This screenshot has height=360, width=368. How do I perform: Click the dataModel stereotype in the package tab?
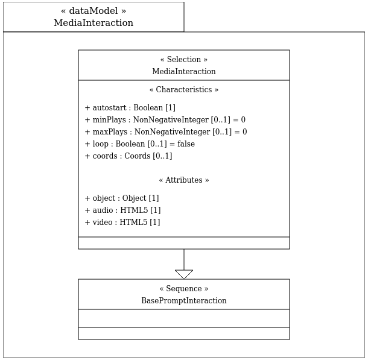[x=94, y=11]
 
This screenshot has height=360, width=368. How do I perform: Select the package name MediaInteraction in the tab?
[x=94, y=23]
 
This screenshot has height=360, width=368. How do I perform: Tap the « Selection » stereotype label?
[x=184, y=59]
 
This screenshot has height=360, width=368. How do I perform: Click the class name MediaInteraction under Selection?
[x=184, y=71]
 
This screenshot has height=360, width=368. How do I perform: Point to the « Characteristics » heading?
[x=184, y=90]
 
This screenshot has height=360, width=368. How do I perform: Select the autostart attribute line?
[x=130, y=108]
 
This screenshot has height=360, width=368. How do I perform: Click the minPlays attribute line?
[x=165, y=119]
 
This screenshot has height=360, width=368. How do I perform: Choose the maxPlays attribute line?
[x=166, y=132]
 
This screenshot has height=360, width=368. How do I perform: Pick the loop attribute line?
[x=139, y=144]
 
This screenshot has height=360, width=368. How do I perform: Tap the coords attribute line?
[x=128, y=156]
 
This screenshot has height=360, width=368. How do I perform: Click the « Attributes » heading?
[x=184, y=180]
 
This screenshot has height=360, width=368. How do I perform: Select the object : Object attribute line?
[x=122, y=198]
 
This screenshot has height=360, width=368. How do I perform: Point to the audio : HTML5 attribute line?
[x=122, y=210]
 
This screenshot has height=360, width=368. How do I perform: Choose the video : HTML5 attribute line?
[x=122, y=223]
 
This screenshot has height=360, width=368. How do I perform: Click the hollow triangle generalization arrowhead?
[x=184, y=274]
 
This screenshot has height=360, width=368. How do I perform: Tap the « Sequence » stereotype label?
[x=184, y=288]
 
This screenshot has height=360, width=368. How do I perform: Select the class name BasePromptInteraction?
[x=184, y=300]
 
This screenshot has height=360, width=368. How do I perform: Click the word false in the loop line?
[x=186, y=144]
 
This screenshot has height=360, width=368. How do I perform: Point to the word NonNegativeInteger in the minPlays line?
[x=171, y=119]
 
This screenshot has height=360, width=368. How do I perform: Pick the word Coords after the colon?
[x=138, y=156]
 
